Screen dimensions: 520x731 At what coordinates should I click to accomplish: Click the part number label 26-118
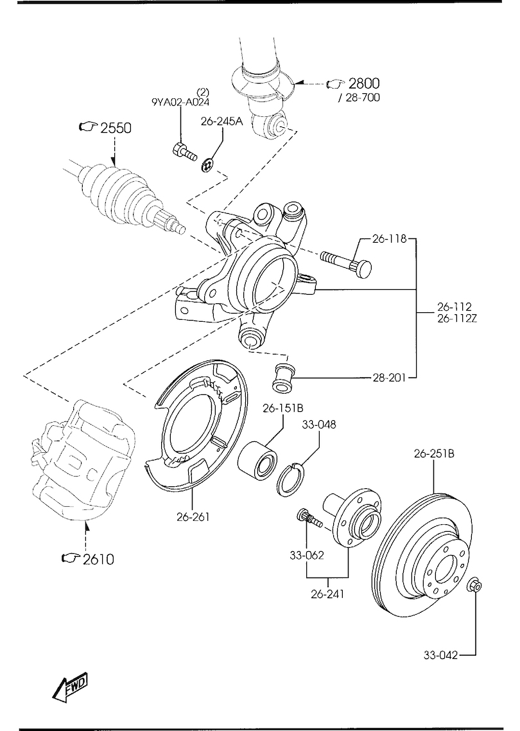[389, 239]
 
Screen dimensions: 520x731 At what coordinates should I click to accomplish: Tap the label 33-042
[440, 655]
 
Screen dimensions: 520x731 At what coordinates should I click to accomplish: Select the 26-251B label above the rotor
[434, 453]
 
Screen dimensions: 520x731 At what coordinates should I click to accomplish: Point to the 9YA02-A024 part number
[180, 102]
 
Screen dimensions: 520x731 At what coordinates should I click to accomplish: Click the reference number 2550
[116, 128]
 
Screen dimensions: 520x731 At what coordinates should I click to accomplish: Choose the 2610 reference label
[98, 558]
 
